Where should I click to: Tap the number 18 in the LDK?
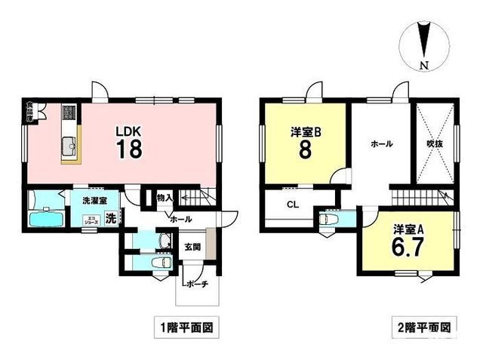pyautogui.click(x=129, y=148)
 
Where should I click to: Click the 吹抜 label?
pyautogui.click(x=434, y=143)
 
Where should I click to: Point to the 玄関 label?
pyautogui.click(x=192, y=247)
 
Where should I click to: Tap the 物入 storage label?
pyautogui.click(x=165, y=198)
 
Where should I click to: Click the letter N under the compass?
pyautogui.click(x=425, y=65)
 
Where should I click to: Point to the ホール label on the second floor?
pyautogui.click(x=380, y=143)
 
